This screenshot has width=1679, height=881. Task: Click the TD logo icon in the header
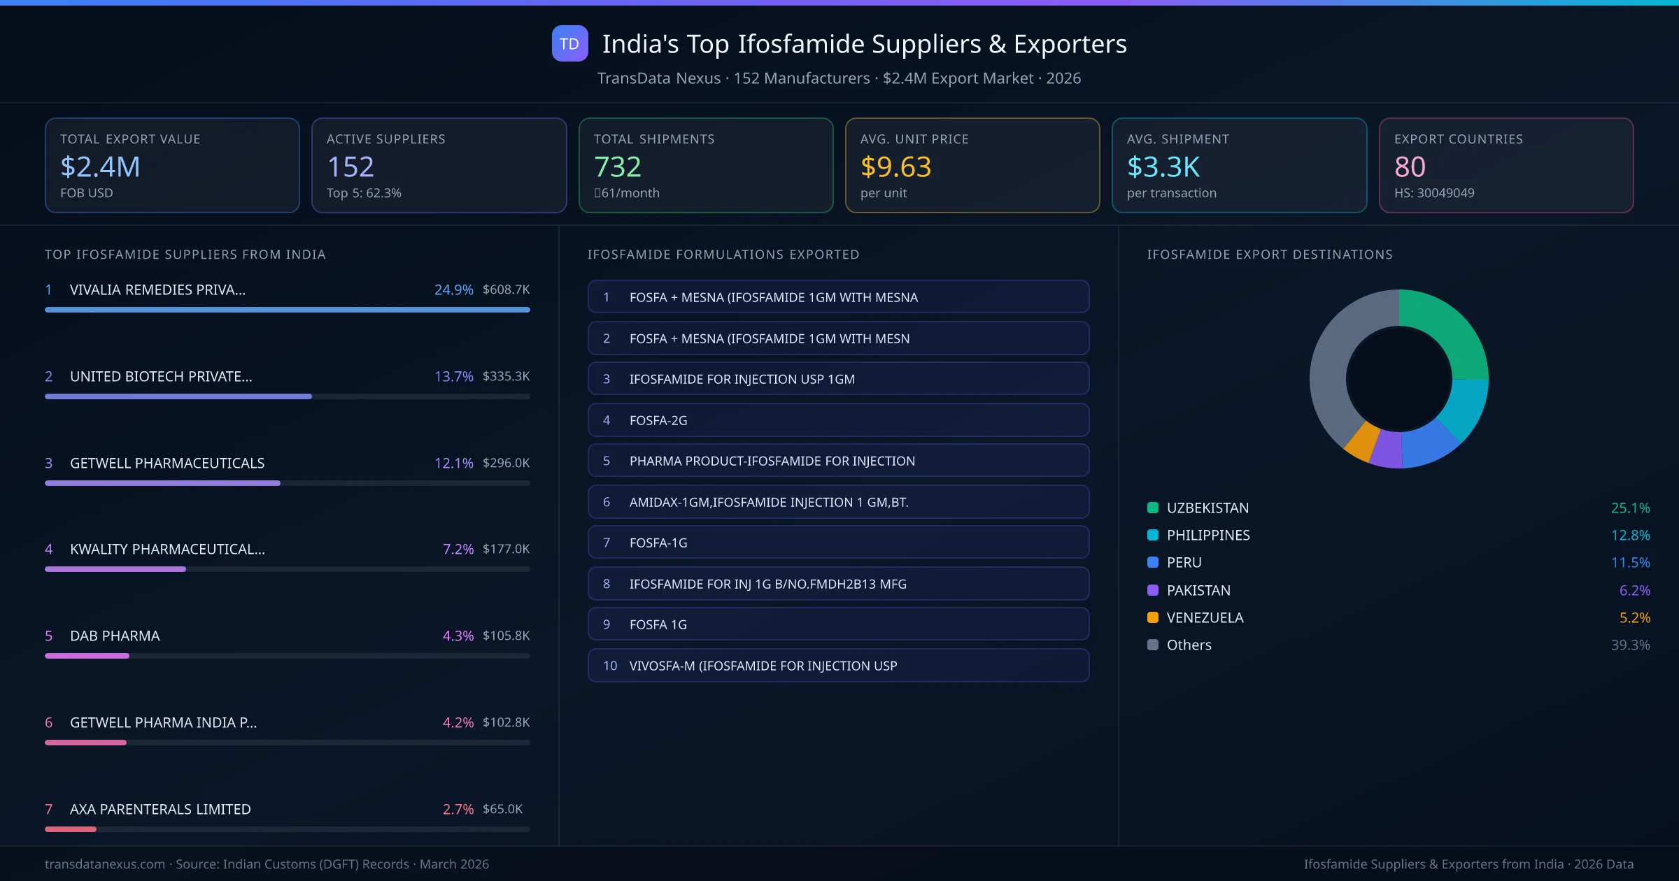[x=569, y=43]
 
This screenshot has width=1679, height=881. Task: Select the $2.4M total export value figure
[x=100, y=166]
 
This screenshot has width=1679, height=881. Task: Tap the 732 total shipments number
[x=617, y=166]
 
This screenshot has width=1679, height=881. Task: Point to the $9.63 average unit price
[x=895, y=166]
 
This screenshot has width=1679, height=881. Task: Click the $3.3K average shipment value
[x=1163, y=166]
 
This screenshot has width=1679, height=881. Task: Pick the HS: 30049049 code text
[x=1433, y=193]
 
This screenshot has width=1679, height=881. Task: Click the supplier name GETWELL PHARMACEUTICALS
[x=167, y=463]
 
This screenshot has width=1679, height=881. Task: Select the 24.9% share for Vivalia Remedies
[x=453, y=289]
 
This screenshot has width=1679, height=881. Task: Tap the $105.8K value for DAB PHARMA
[x=506, y=636]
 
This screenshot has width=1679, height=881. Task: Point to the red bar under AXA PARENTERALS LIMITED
[x=71, y=829]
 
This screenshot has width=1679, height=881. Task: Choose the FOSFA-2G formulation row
[x=838, y=420]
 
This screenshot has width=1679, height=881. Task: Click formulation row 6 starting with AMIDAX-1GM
[x=838, y=502]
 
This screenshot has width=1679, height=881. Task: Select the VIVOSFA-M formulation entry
[x=838, y=666]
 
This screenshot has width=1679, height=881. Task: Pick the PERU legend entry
[x=1184, y=563]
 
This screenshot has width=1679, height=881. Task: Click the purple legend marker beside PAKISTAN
[x=1153, y=590]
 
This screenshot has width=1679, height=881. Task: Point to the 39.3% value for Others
[x=1630, y=645]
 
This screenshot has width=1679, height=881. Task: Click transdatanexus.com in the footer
[x=105, y=864]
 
